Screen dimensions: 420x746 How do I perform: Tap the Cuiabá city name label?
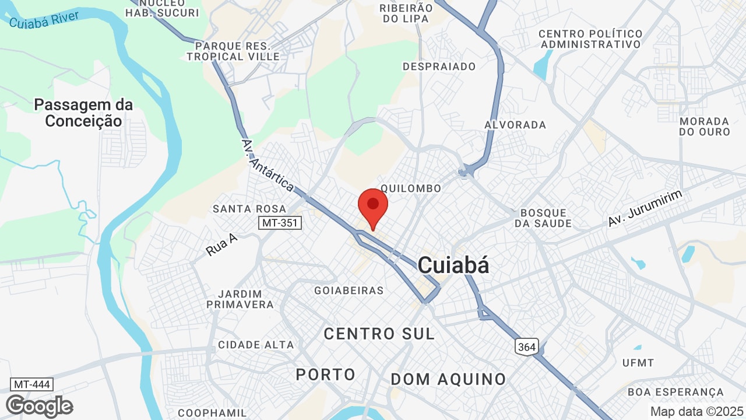point(453,265)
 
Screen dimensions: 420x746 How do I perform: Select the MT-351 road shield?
point(280,223)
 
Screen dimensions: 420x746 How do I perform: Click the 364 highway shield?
point(526,346)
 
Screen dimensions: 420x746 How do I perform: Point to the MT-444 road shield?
point(32,384)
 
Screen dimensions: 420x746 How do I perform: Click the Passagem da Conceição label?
point(83,113)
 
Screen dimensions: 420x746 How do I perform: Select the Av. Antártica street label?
point(268,166)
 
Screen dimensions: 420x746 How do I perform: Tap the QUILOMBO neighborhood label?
point(411,188)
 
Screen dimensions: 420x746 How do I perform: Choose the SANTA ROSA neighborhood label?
point(249,209)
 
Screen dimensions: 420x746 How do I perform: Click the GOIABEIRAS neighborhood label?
point(349,290)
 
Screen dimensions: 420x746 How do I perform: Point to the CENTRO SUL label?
point(379,334)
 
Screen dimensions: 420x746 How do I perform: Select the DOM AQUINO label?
point(448,379)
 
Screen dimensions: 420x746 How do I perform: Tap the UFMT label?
point(638,363)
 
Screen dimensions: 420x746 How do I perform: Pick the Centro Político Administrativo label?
point(590,39)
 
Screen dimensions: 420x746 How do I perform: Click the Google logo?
point(39,406)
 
